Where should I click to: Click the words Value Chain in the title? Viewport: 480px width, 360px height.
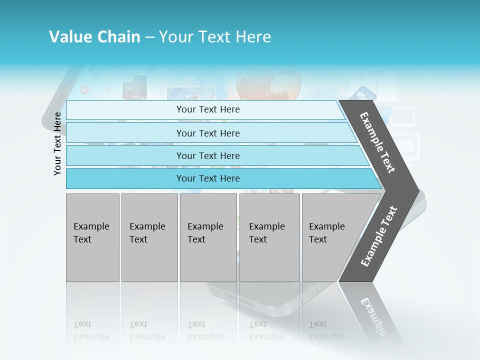coord(94,37)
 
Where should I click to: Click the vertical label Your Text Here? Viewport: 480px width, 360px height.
coord(57,143)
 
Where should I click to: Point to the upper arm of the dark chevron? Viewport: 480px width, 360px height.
coord(378,142)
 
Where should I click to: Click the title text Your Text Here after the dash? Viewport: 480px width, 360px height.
coord(215,37)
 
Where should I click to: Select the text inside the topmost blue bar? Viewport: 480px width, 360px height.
coord(208,109)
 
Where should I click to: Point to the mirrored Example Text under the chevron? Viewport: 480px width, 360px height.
coord(378,320)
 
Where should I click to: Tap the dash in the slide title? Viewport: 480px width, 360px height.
coord(149,37)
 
